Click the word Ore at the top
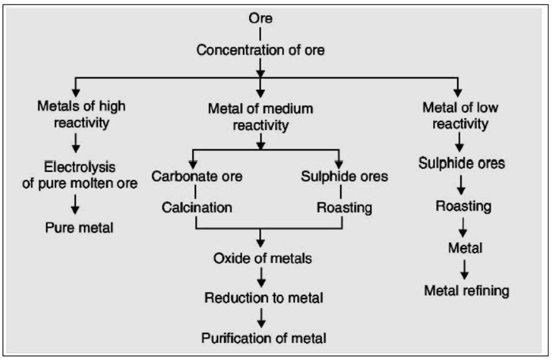[x=261, y=18]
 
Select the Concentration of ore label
[x=261, y=50]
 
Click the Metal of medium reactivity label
[x=261, y=116]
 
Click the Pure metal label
[x=79, y=227]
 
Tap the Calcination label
[x=196, y=207]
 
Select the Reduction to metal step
[x=263, y=297]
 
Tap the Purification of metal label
[x=264, y=338]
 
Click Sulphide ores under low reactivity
[x=462, y=163]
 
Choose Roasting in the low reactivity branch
[x=463, y=206]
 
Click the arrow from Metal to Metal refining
[x=465, y=270]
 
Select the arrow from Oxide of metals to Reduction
[x=262, y=277]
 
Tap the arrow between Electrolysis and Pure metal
[x=77, y=204]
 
